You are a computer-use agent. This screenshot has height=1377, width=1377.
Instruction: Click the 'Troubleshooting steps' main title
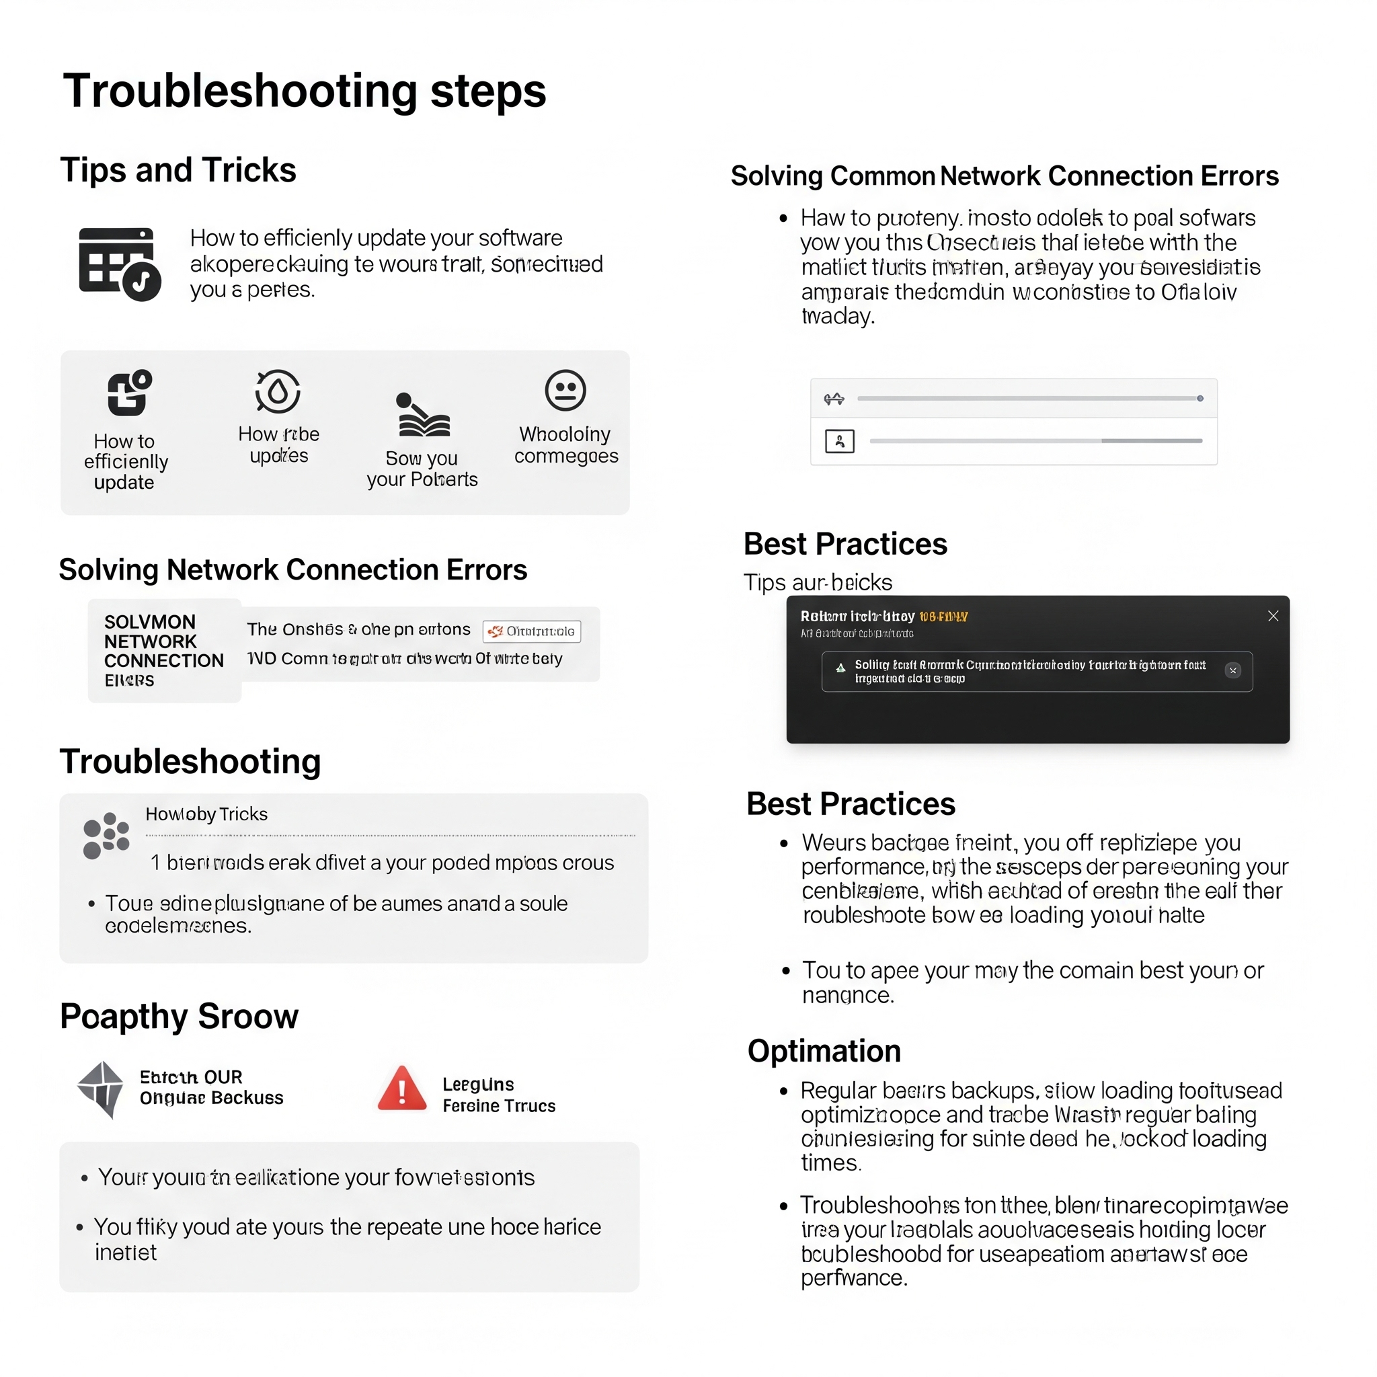coord(305,91)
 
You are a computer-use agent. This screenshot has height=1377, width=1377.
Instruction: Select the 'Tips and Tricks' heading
coord(178,170)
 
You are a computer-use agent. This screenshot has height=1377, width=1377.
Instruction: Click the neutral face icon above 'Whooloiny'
coord(565,390)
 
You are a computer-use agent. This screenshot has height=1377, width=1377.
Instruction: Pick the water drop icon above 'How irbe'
coord(278,391)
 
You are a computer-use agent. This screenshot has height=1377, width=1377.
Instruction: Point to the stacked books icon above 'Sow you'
coord(423,415)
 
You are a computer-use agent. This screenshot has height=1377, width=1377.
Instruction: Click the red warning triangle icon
coord(402,1089)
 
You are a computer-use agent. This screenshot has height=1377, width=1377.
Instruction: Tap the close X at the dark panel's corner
coord(1273,616)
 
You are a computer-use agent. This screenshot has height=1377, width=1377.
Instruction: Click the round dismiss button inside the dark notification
coord(1232,670)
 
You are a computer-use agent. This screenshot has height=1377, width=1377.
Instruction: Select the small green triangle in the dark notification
coord(840,668)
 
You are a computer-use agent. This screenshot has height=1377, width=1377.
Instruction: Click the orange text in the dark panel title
coord(943,617)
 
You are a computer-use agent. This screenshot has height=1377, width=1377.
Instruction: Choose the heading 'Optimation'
coord(824,1051)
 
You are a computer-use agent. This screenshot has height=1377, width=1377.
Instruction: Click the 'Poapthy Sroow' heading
coord(179,1016)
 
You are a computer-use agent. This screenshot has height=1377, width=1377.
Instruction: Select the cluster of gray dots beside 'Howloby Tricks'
coord(106,834)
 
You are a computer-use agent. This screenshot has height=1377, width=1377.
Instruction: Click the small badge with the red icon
coord(532,631)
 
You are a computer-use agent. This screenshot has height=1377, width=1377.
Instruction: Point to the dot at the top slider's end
coord(1200,399)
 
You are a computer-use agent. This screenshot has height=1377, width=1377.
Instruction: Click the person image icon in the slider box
coord(840,441)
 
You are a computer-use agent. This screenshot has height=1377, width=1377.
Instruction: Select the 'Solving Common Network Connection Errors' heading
coord(1005,176)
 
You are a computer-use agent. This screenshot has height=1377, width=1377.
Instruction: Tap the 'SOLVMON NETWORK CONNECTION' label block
coord(164,650)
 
